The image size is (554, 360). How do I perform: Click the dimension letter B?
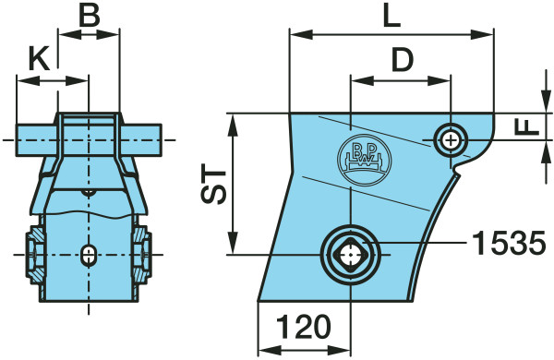(89, 16)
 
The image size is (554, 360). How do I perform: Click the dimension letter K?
(39, 58)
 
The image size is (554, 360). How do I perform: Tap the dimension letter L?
(392, 16)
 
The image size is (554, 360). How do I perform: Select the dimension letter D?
(403, 59)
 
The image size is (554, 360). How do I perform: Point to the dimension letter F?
(527, 126)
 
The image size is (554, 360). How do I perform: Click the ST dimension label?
(213, 184)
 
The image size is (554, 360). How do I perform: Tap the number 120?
(304, 327)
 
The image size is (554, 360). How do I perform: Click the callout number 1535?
(509, 243)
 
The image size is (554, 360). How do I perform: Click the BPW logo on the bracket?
(365, 160)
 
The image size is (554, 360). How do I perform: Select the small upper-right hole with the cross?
(451, 141)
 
